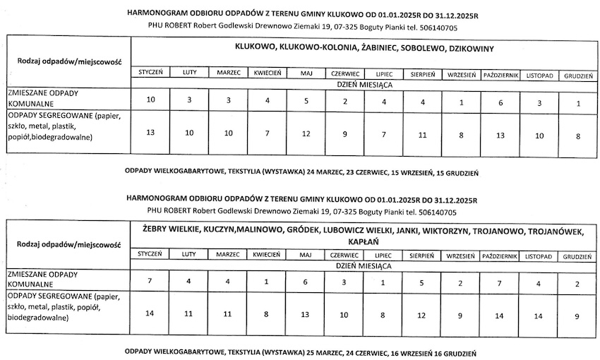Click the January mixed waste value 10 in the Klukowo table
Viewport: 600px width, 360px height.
click(x=150, y=100)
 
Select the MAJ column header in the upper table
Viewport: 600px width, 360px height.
click(x=306, y=73)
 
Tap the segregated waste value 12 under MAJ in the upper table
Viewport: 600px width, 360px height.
click(x=306, y=133)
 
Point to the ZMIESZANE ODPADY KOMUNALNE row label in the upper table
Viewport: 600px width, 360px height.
click(x=42, y=97)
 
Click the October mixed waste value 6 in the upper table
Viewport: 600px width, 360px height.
click(x=500, y=102)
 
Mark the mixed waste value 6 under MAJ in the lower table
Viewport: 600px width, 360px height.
click(x=305, y=282)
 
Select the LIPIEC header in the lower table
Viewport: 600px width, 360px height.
click(x=383, y=254)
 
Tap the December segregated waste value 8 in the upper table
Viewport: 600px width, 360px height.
click(x=578, y=136)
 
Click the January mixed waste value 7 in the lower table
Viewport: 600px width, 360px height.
click(x=150, y=282)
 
